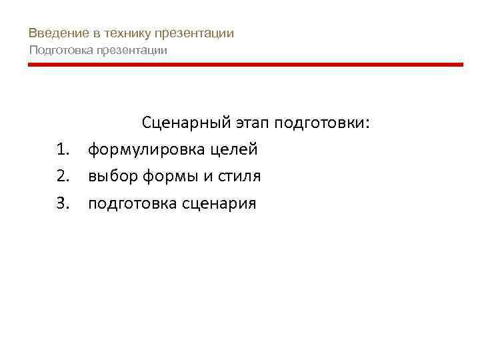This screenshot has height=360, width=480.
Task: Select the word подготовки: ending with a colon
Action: pyautogui.click(x=327, y=123)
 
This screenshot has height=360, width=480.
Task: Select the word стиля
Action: pyautogui.click(x=238, y=177)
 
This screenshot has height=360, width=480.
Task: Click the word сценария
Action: pyautogui.click(x=218, y=203)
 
